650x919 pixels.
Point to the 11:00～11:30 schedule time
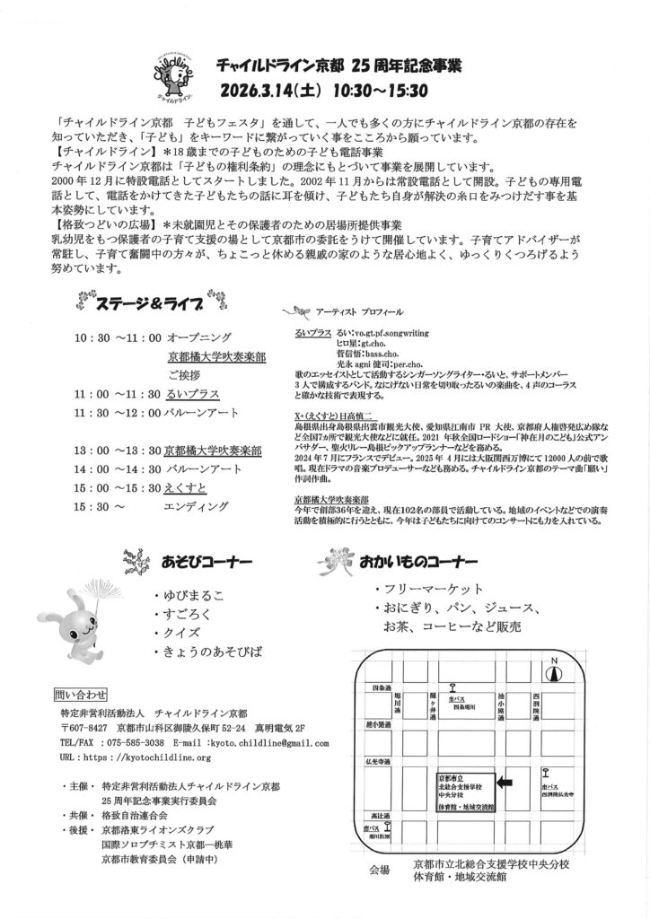pos(117,394)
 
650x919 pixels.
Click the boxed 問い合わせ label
pos(81,694)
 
